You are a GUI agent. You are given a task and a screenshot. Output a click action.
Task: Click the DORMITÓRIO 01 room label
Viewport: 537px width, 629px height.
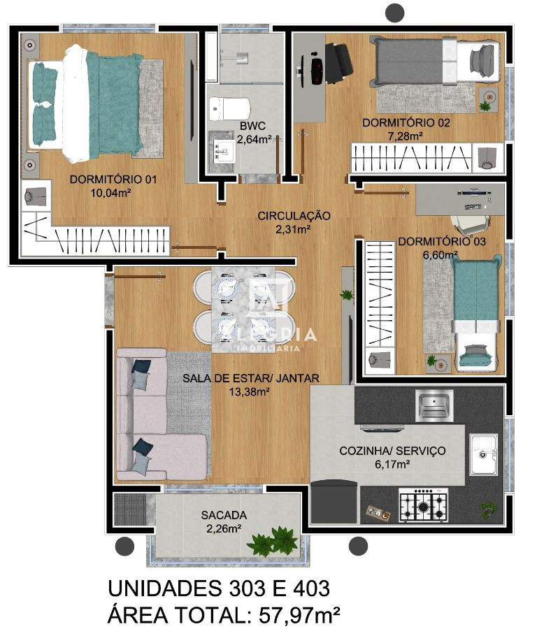point(113,180)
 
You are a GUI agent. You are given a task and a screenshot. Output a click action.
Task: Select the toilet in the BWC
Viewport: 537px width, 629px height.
point(230,108)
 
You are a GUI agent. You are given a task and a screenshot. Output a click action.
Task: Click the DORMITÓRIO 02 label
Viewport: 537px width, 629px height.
point(406,123)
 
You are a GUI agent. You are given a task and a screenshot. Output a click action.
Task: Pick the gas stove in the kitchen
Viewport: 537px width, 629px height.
point(423,505)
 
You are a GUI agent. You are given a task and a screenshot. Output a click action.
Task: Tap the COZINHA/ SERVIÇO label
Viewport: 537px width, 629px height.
point(392,451)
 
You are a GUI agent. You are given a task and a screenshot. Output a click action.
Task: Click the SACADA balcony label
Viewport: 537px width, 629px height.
point(224,515)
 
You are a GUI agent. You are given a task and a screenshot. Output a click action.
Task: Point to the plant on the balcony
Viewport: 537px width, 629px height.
point(273,541)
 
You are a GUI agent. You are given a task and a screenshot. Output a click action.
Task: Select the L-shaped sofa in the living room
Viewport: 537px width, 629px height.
point(150,419)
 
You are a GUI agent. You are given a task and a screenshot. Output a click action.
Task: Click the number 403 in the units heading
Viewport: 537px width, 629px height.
point(304,588)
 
